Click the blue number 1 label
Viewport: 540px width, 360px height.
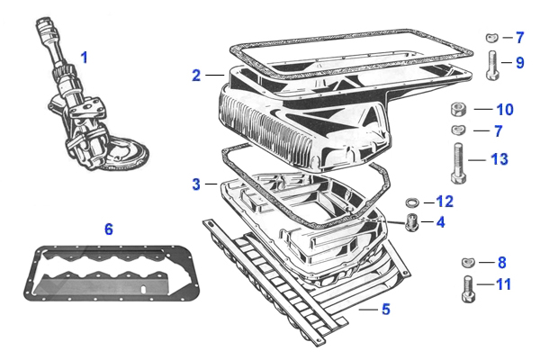85,57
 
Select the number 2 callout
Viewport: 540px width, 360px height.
196,76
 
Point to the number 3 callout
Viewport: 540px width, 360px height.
196,184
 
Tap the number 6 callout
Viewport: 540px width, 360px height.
109,229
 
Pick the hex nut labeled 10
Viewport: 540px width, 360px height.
458,110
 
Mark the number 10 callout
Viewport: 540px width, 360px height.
505,110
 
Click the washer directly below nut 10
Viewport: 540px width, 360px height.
458,130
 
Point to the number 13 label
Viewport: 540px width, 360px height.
499,159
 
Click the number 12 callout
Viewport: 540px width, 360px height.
445,201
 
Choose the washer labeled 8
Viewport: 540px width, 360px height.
466,263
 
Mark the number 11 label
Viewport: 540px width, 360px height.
503,284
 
